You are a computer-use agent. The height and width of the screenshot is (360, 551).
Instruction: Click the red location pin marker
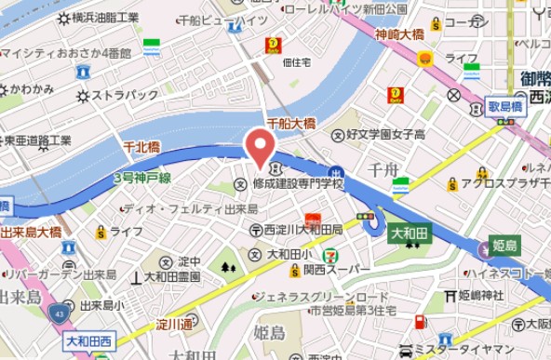pyautogui.click(x=259, y=147)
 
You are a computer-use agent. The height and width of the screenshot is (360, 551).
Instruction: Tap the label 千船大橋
pyautogui.click(x=290, y=123)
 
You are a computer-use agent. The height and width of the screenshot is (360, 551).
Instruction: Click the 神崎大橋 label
pyautogui.click(x=400, y=35)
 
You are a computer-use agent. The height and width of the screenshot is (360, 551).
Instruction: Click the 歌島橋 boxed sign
pyautogui.click(x=506, y=107)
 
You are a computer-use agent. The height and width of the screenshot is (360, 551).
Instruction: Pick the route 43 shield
pyautogui.click(x=59, y=312)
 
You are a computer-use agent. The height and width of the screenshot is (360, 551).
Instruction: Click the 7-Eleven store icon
pyautogui.click(x=331, y=255)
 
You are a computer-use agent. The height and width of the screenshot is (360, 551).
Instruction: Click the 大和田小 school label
pyautogui.click(x=289, y=253)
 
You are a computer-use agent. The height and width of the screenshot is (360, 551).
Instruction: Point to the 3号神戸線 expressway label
pyautogui.click(x=141, y=177)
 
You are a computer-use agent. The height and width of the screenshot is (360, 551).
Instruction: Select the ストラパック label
pyautogui.click(x=130, y=95)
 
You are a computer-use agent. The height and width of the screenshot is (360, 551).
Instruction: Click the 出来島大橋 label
pyautogui.click(x=32, y=231)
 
